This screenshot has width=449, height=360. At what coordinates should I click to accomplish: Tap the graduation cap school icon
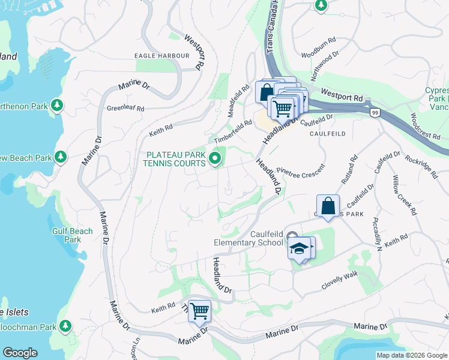[x=299, y=248]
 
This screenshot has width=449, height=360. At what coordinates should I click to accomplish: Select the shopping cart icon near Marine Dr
[x=199, y=311]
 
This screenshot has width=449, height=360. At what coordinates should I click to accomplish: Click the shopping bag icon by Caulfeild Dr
[x=328, y=206]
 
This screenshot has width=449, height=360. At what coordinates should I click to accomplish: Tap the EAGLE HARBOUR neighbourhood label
[x=162, y=56]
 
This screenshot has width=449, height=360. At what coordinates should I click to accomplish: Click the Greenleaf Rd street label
[x=125, y=109]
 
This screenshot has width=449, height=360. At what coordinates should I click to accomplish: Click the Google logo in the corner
[x=20, y=353]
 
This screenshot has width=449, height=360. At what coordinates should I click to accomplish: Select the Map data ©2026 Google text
[x=412, y=355]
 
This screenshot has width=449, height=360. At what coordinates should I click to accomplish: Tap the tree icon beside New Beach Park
[x=60, y=157]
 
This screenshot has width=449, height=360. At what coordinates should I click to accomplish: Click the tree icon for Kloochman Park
[x=65, y=327]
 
